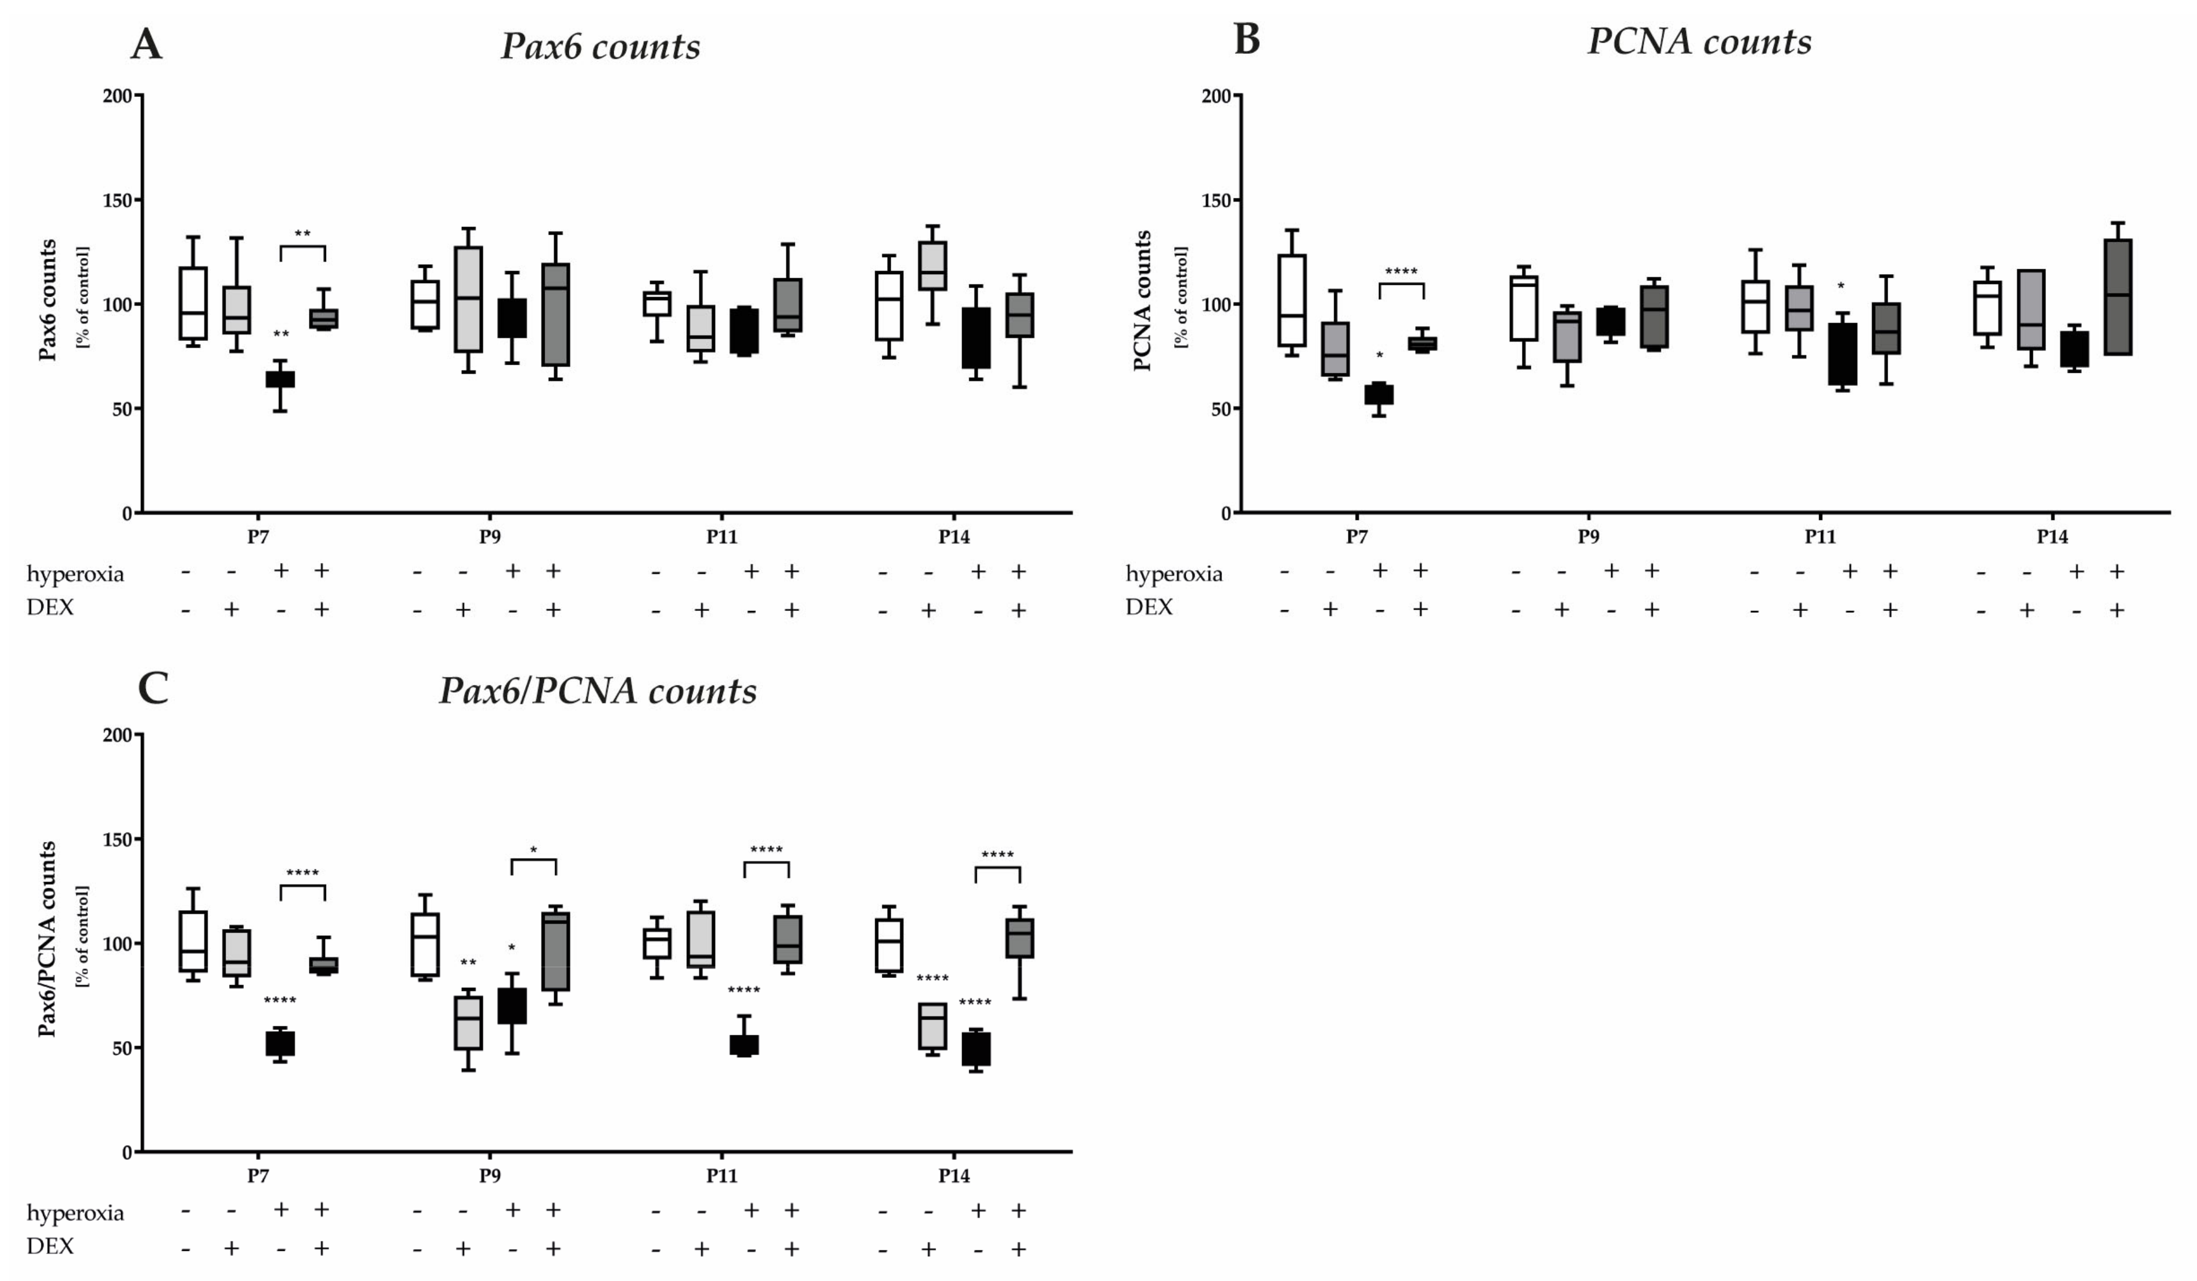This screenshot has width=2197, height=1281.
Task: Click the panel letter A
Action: (x=146, y=44)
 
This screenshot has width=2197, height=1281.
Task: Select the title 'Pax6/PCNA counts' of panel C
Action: (x=598, y=691)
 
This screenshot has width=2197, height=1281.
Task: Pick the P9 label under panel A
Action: (x=490, y=537)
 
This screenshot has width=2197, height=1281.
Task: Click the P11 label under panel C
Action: (x=722, y=1175)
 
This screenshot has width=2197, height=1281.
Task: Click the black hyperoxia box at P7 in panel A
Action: (x=280, y=379)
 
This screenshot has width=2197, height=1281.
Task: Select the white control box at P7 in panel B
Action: (x=1292, y=301)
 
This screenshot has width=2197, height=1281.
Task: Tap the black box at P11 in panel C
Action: (x=744, y=1045)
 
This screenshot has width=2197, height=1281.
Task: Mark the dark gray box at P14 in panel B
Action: (x=2118, y=297)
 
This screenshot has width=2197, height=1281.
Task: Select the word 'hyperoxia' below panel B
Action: (x=1174, y=574)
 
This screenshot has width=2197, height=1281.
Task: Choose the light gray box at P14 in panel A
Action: (x=932, y=266)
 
